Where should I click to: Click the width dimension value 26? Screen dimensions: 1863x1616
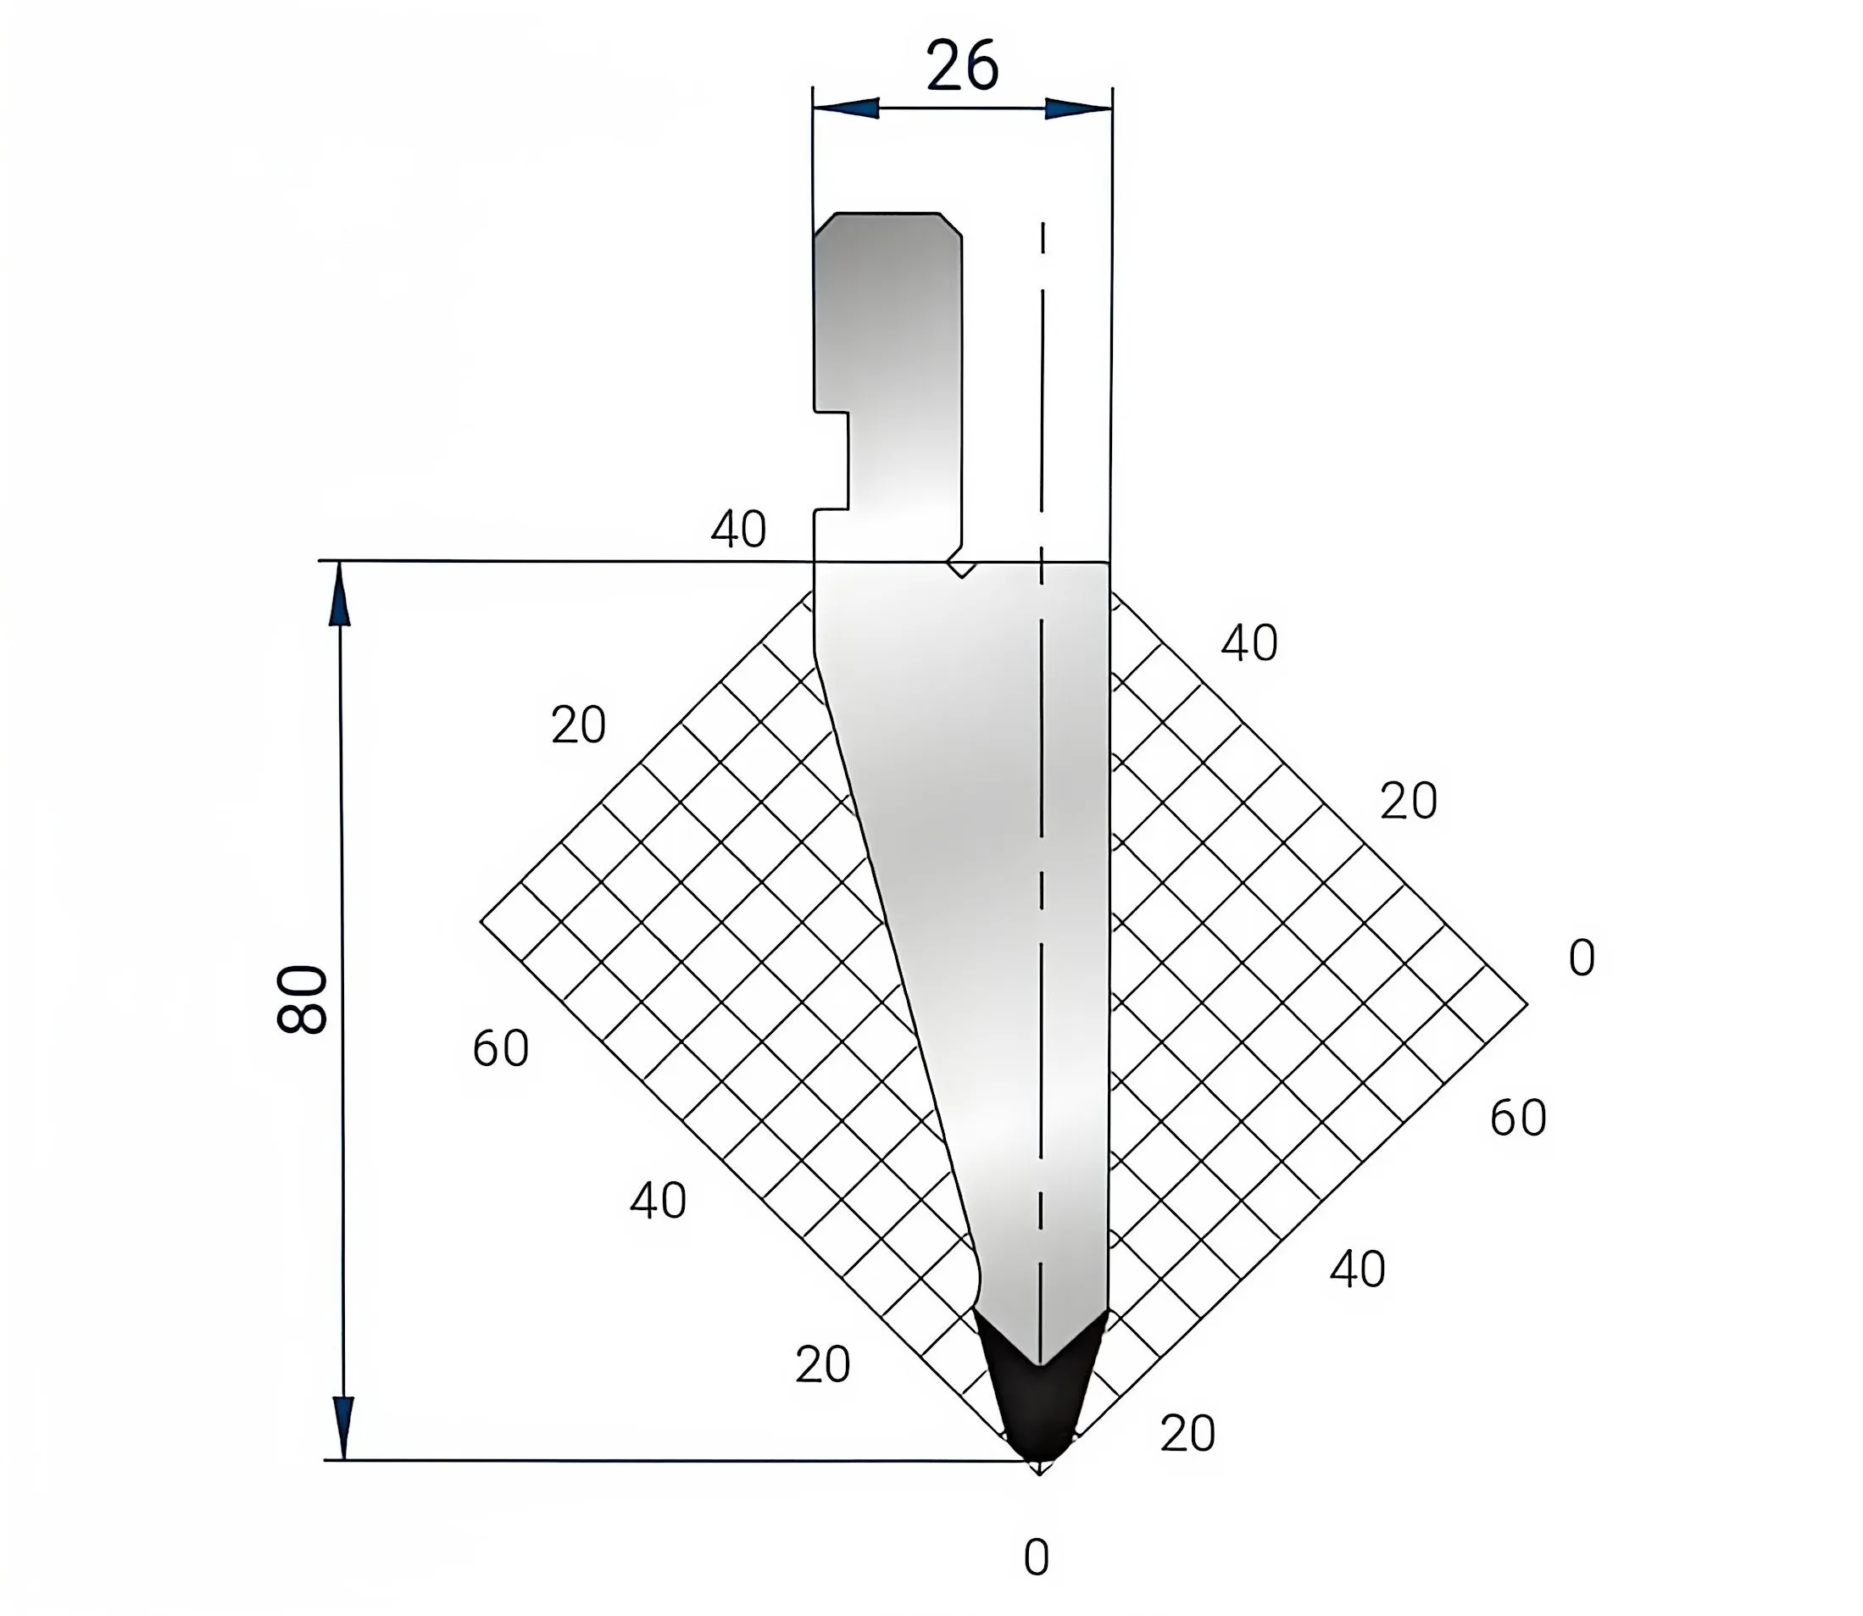click(x=962, y=66)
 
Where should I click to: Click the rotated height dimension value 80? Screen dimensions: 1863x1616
click(x=302, y=999)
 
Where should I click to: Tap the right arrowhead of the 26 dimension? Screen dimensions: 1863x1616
click(x=1078, y=108)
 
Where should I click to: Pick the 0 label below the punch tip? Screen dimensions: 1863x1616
click(x=1037, y=1558)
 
